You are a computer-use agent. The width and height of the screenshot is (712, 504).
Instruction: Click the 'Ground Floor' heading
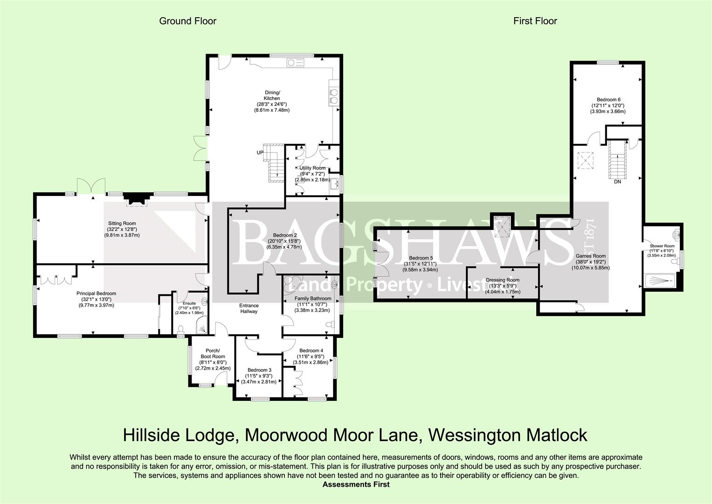[187, 21]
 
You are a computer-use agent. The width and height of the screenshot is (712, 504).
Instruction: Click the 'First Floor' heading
[535, 21]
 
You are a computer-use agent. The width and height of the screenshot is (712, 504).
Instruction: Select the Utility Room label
[312, 168]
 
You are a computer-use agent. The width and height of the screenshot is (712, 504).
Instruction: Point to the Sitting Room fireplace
[136, 201]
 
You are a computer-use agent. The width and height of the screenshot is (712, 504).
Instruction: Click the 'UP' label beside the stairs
[260, 153]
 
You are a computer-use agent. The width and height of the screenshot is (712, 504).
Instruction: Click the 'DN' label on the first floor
[617, 182]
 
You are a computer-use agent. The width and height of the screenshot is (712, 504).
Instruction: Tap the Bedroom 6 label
[608, 99]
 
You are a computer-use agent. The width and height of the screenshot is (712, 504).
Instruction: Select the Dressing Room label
[503, 280]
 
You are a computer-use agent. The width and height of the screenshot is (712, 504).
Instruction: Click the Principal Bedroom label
[96, 294]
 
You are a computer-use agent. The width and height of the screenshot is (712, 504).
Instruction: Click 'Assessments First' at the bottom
[356, 484]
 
